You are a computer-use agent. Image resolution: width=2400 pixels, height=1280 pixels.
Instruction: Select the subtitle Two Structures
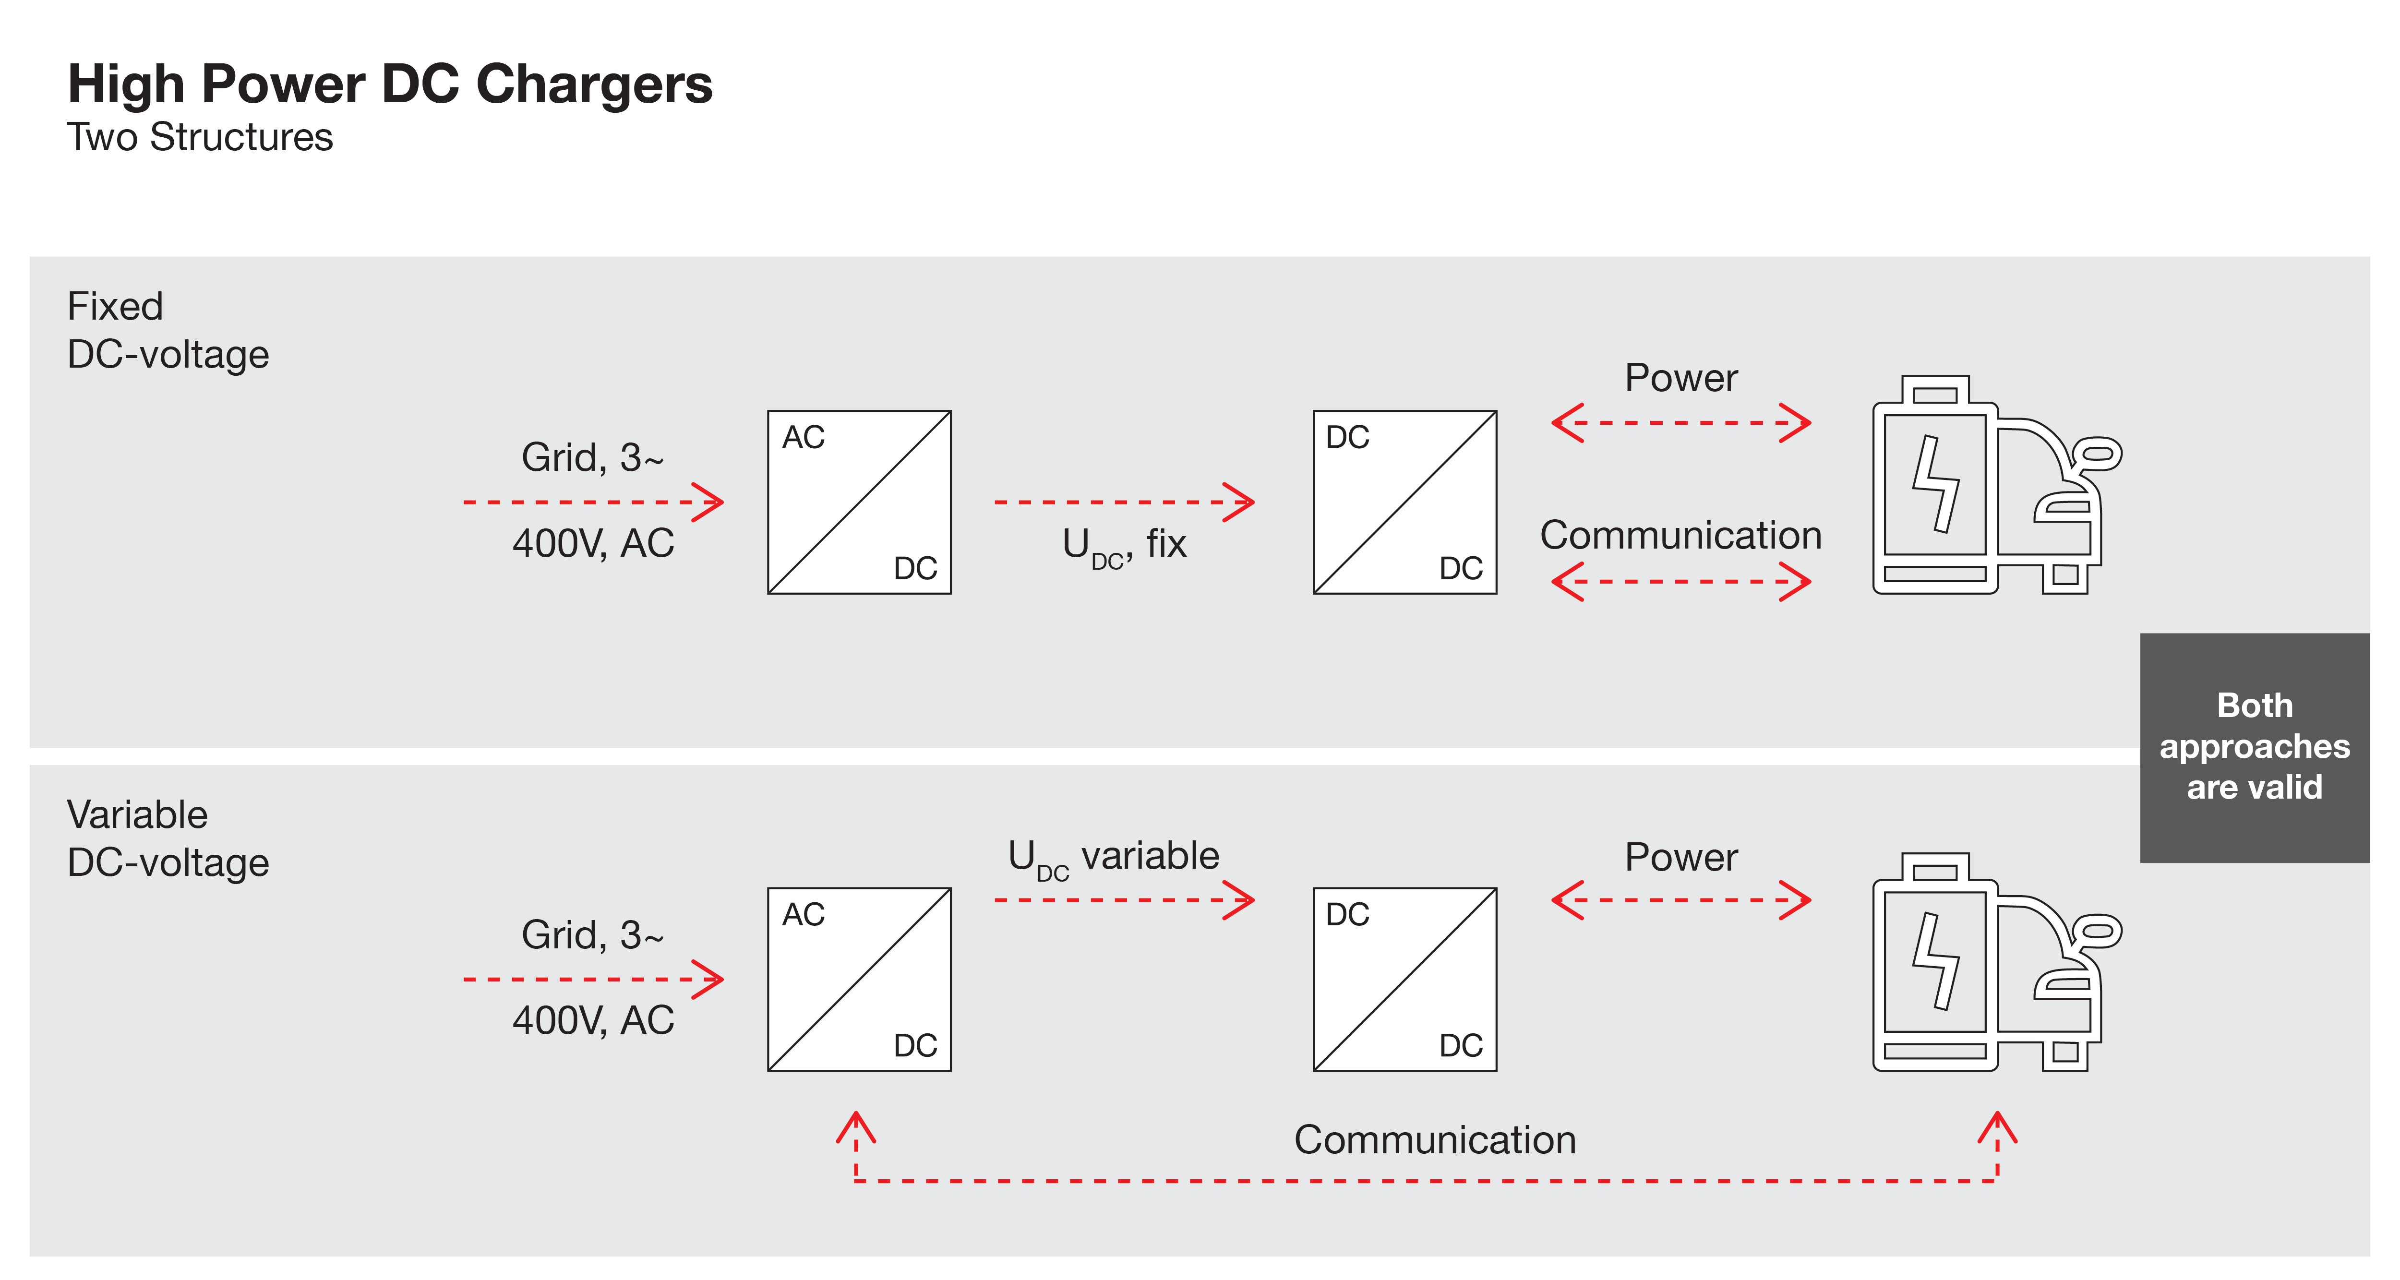point(199,137)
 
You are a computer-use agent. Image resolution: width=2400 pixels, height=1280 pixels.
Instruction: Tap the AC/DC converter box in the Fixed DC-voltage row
point(858,502)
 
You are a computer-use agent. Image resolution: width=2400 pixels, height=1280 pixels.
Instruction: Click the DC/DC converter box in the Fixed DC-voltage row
point(1404,502)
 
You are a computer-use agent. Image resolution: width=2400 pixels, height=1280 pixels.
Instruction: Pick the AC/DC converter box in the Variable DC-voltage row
point(858,979)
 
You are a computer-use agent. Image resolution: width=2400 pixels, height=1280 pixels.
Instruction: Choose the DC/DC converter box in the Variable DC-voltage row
point(1404,979)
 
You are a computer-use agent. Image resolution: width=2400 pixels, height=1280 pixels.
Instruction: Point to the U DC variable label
point(1113,857)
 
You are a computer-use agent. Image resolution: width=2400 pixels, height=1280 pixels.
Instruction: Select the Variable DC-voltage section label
point(168,838)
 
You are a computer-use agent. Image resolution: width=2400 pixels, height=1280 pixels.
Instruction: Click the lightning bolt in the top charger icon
point(1936,484)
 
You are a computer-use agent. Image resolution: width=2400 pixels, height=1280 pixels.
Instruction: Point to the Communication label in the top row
point(1680,536)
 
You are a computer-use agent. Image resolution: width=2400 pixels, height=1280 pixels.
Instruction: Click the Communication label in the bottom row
point(1435,1140)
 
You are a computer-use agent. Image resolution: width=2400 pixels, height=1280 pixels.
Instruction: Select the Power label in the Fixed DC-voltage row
point(1681,378)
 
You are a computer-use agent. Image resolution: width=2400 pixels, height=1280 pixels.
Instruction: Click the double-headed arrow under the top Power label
point(1681,423)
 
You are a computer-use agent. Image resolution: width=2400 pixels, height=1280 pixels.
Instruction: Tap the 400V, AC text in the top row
point(592,543)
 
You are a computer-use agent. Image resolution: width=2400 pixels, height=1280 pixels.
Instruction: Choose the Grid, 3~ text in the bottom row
point(592,934)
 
